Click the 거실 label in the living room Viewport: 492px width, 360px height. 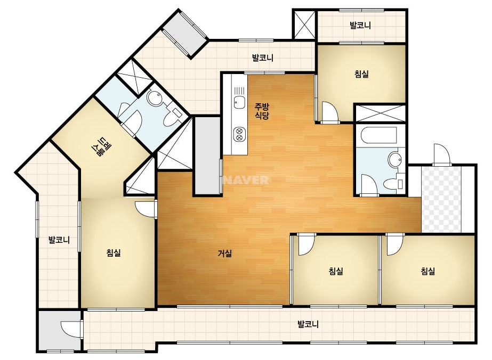(225, 253)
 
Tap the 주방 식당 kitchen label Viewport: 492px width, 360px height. (262, 111)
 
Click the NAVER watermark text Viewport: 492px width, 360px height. (247, 180)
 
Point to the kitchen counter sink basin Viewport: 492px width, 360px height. (239, 102)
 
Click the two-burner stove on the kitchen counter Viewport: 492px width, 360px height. (239, 134)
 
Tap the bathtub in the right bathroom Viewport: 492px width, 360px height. (378, 136)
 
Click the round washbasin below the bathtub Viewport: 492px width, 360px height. (395, 160)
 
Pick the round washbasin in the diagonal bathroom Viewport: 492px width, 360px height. (155, 99)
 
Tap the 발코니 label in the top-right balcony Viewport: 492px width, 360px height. (360, 26)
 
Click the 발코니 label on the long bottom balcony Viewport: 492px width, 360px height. (308, 324)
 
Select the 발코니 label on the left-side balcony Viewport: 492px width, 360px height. (59, 241)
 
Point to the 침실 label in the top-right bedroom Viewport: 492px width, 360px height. (361, 75)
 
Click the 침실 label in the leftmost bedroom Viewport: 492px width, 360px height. (114, 253)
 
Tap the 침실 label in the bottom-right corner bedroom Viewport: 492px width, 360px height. (428, 271)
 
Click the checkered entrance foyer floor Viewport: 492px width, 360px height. (441, 200)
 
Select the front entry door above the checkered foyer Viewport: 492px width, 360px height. (442, 155)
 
